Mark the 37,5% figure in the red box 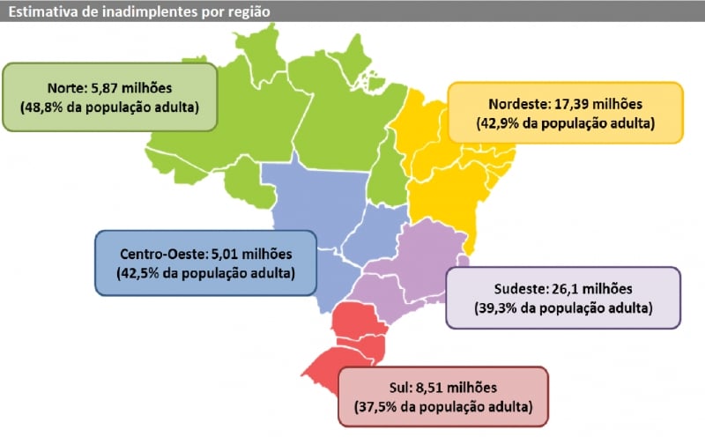[379, 407]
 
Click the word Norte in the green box [66, 88]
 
